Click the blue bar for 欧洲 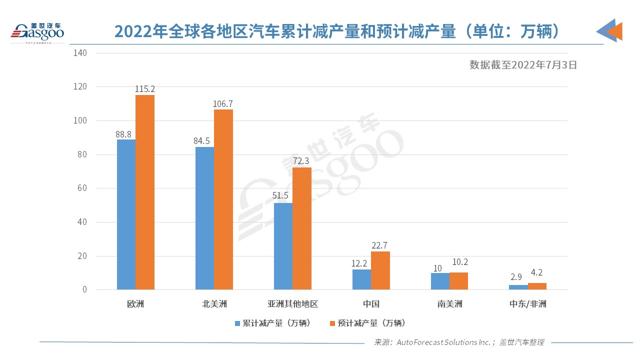click(126, 214)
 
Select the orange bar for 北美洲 click(223, 199)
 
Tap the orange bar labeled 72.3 click(302, 228)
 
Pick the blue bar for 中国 click(361, 279)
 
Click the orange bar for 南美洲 click(458, 281)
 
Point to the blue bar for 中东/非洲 click(518, 287)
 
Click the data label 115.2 click(145, 88)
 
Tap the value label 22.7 click(380, 245)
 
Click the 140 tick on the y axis click(80, 53)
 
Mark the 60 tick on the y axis click(82, 188)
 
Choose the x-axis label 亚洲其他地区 click(292, 304)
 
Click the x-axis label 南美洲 click(449, 304)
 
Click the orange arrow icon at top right click(613, 31)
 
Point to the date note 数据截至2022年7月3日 click(523, 64)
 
